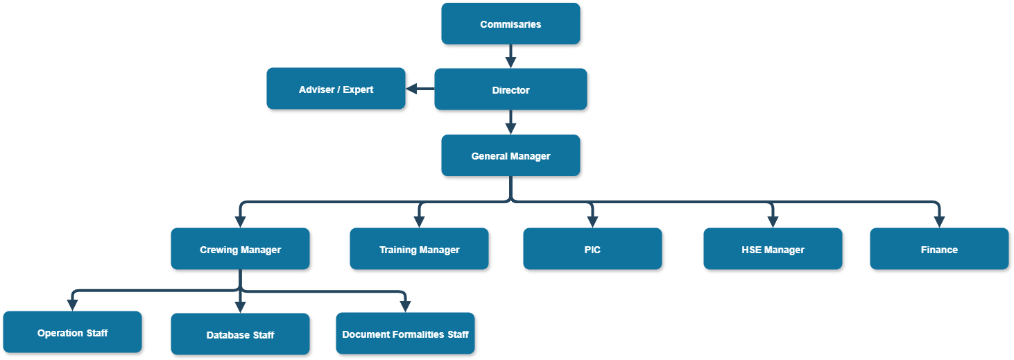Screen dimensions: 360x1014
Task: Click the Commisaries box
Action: click(510, 24)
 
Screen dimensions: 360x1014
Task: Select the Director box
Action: click(510, 89)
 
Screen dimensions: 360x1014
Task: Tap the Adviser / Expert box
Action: click(336, 89)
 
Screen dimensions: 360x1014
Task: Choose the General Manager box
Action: click(510, 155)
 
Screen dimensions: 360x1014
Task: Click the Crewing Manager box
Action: click(240, 249)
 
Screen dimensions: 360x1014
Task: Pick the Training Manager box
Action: click(419, 249)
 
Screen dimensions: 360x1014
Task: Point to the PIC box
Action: click(592, 249)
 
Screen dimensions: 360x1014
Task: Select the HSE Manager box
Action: click(773, 249)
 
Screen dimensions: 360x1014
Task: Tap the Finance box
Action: click(939, 249)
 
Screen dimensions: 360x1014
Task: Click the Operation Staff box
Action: click(72, 332)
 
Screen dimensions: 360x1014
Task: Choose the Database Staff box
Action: click(240, 334)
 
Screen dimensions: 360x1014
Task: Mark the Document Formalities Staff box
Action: click(405, 334)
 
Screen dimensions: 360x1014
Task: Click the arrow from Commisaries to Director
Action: click(510, 55)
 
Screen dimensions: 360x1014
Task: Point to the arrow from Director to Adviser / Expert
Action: click(420, 89)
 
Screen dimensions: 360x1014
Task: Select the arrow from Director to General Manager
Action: click(510, 122)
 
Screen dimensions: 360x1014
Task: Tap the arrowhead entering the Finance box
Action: click(939, 222)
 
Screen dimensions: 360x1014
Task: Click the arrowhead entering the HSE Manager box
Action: click(773, 222)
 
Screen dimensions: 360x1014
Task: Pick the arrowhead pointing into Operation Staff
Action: click(72, 305)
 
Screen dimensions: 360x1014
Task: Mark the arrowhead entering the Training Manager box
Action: click(419, 222)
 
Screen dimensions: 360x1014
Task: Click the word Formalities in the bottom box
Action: click(415, 334)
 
